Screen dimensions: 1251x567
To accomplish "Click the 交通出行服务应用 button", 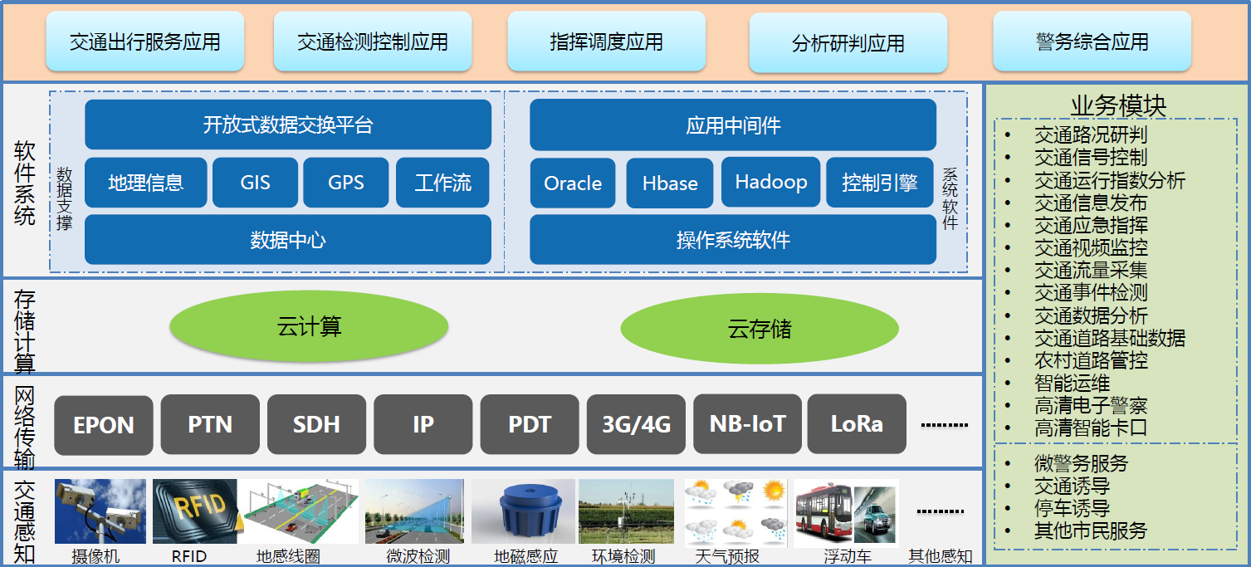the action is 145,42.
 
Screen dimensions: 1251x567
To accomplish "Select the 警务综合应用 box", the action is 1092,42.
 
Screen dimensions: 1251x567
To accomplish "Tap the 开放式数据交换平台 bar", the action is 288,125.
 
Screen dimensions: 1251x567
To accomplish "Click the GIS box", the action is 255,183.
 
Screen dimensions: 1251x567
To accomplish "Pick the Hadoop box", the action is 770,182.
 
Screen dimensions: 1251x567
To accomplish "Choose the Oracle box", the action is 573,183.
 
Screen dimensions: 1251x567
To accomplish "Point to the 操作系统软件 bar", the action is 733,240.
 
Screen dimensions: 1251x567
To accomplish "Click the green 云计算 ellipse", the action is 309,326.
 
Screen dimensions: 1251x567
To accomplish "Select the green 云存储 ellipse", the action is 760,329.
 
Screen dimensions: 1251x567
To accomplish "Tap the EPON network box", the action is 103,425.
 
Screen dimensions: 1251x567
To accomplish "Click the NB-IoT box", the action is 747,424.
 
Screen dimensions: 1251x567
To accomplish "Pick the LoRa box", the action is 857,424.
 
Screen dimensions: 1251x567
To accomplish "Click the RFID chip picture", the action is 195,511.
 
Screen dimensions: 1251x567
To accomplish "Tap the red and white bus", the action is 823,513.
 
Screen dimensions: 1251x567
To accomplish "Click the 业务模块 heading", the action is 1118,105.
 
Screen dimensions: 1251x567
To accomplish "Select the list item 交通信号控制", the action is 1091,158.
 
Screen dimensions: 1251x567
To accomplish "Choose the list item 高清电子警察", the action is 1091,406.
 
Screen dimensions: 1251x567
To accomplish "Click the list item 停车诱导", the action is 1072,508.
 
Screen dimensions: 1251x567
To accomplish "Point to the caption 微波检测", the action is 418,556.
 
